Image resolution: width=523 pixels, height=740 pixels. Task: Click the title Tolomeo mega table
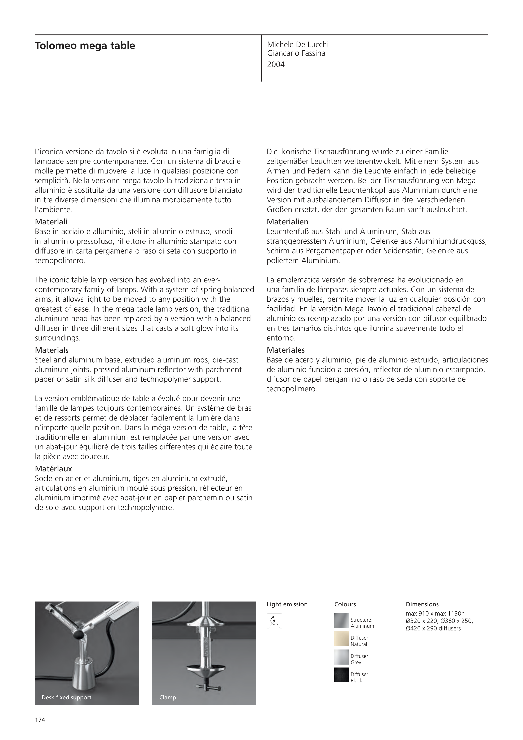click(85, 46)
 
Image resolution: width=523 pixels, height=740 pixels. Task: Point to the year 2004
click(276, 65)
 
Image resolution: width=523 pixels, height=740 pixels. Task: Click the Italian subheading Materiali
click(51, 222)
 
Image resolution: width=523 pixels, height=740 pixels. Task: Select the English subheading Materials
click(52, 350)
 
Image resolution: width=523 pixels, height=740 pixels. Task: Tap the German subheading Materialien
click(287, 222)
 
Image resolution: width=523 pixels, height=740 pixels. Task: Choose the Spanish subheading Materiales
click(285, 350)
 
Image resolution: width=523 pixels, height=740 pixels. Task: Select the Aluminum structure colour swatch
click(342, 620)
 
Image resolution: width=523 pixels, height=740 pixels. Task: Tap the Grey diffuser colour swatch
click(342, 657)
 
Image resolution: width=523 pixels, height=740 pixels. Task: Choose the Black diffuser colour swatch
click(342, 675)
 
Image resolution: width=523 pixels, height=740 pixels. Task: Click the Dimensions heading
click(422, 604)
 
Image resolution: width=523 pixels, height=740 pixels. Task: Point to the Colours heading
click(345, 604)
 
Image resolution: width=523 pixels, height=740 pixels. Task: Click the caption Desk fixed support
click(66, 697)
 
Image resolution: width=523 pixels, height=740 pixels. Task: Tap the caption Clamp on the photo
click(168, 697)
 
